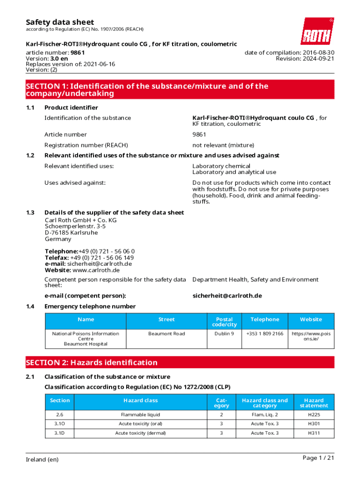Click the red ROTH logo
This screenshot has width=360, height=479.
[x=317, y=31]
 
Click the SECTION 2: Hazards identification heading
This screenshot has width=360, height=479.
[x=92, y=363]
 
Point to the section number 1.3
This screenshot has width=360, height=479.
[x=30, y=212]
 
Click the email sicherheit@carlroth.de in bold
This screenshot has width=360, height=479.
[x=227, y=296]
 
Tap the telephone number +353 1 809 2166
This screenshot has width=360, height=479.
[x=265, y=334]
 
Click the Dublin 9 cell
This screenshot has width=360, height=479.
[x=224, y=334]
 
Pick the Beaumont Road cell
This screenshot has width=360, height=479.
[x=166, y=334]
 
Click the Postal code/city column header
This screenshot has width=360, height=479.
[x=224, y=322]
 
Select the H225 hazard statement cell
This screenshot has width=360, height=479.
[x=314, y=414]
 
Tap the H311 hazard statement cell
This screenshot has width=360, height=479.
[x=314, y=433]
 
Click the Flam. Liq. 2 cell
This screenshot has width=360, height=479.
[x=264, y=414]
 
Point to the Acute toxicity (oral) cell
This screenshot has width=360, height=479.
[x=140, y=424]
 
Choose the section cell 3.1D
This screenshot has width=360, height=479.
[x=60, y=433]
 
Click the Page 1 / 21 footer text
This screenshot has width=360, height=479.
[x=318, y=458]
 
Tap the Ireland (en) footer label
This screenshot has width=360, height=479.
[x=42, y=459]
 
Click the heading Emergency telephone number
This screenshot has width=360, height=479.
[x=90, y=306]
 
